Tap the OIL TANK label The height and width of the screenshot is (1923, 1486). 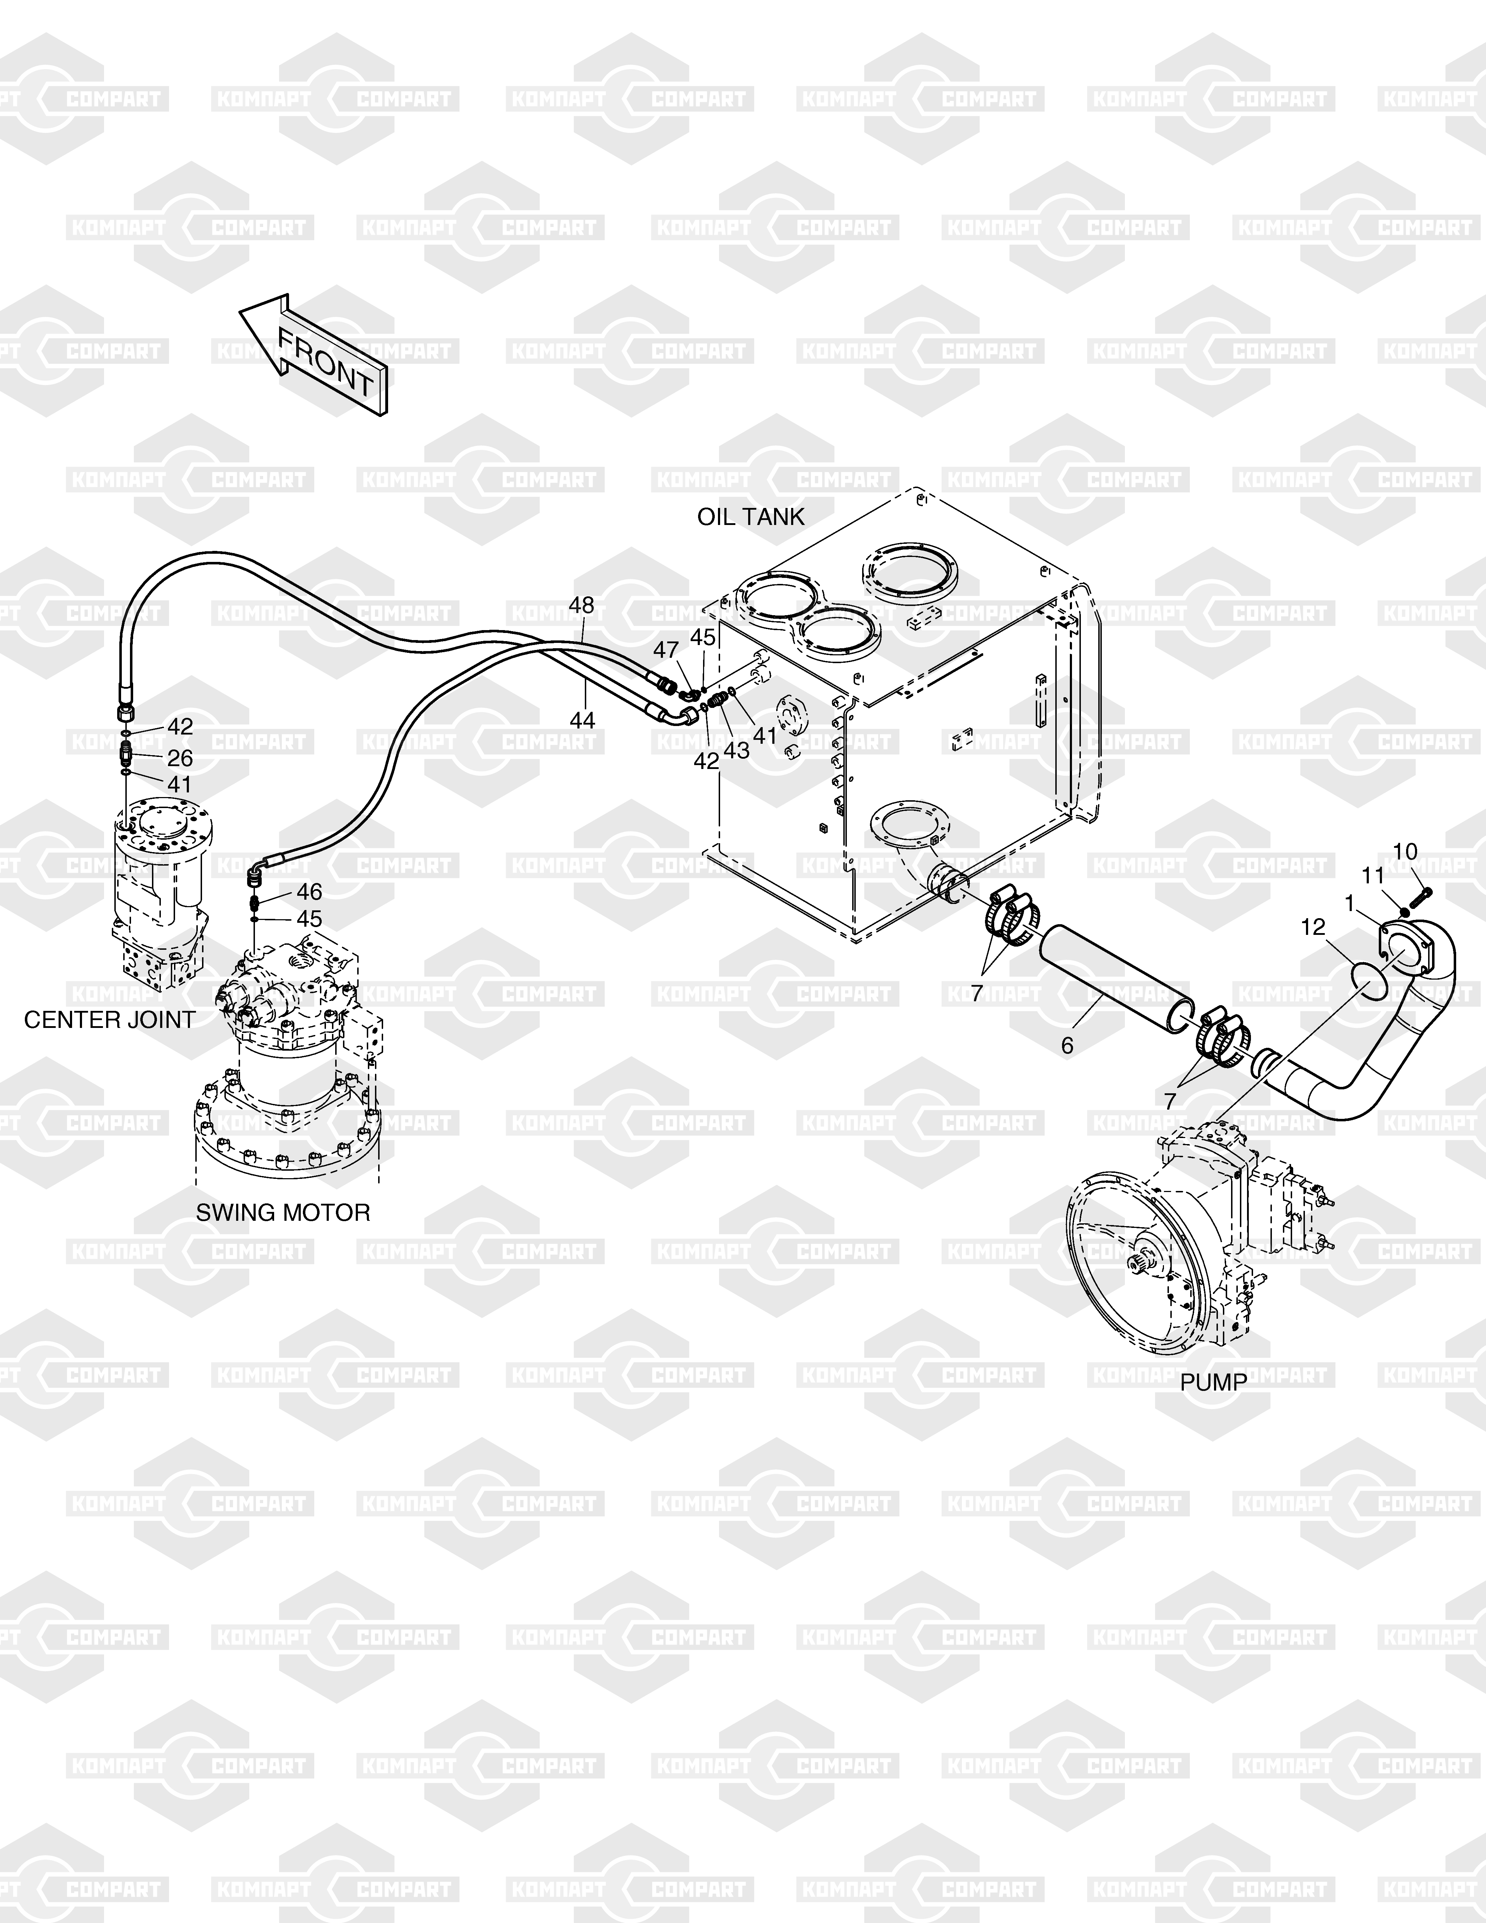(x=751, y=517)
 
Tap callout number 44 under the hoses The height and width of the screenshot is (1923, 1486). (x=582, y=720)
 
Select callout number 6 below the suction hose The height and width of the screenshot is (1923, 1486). (x=1067, y=1046)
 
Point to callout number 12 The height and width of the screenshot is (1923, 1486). (x=1313, y=927)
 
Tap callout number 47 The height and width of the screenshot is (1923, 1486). (x=665, y=650)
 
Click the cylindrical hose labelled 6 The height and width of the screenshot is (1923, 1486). (x=1116, y=977)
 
